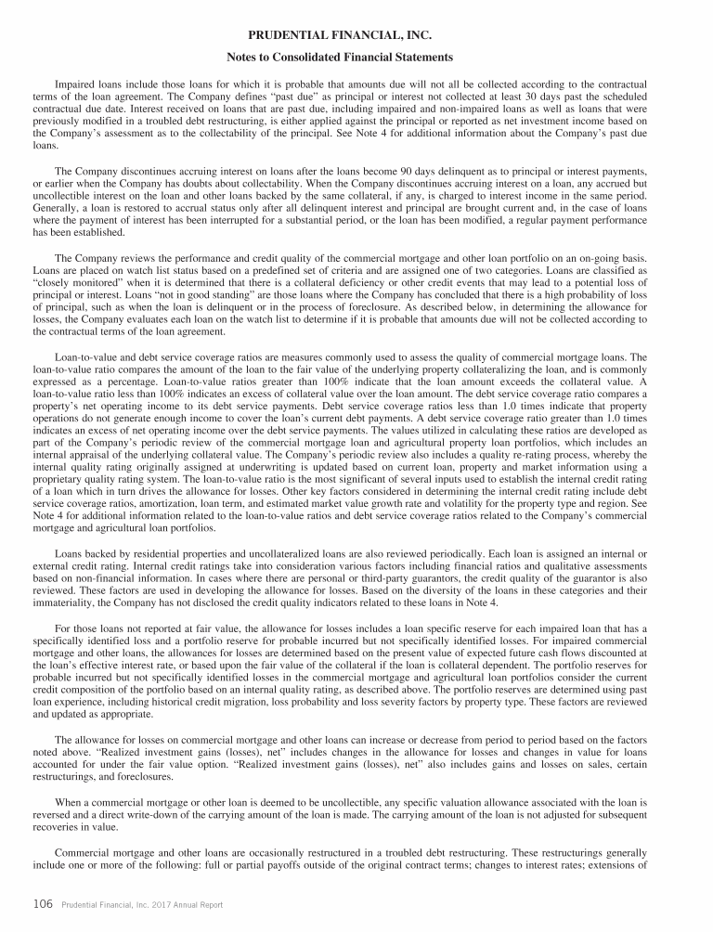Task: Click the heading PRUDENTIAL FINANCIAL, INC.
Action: coord(356,35)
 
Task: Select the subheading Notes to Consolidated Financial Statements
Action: coord(356,58)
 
